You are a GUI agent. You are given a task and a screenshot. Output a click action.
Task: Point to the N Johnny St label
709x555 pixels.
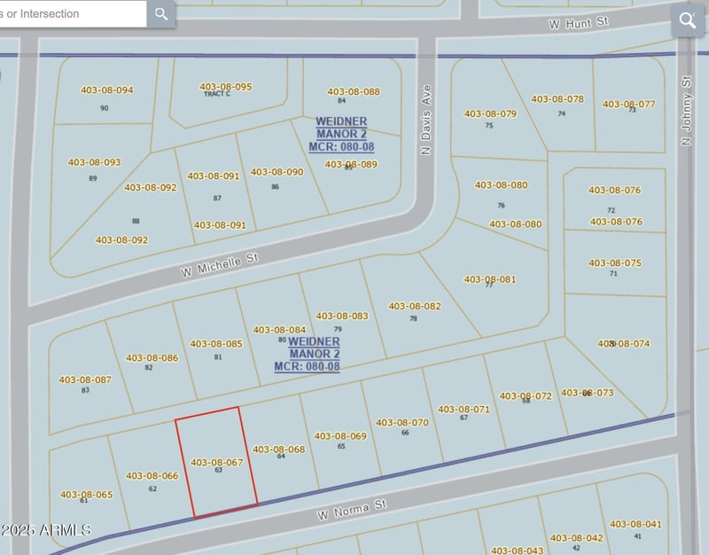click(x=685, y=115)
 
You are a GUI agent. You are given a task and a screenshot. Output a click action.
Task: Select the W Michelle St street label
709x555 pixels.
click(x=221, y=265)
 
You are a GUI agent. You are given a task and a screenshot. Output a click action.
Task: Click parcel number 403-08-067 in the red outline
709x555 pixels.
click(x=217, y=463)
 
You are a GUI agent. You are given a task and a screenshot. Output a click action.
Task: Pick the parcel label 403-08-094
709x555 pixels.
click(x=106, y=90)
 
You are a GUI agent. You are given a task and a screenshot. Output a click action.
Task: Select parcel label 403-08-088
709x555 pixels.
click(x=353, y=92)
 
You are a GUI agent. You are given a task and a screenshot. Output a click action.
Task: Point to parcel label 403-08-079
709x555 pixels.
click(x=490, y=114)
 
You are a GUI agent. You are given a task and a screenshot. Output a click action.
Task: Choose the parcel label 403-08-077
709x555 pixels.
click(x=629, y=105)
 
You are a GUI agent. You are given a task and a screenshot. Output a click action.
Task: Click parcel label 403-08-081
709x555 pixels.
click(x=490, y=279)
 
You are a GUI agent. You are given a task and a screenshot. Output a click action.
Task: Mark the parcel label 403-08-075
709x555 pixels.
click(x=615, y=263)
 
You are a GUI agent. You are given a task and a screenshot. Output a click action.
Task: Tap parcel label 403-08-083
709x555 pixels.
click(x=341, y=317)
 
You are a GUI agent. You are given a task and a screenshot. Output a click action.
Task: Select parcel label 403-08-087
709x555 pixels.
click(x=85, y=380)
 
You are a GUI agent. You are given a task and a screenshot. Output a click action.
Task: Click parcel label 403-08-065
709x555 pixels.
click(x=86, y=495)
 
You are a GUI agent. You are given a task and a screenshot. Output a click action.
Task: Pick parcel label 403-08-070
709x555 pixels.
click(x=402, y=423)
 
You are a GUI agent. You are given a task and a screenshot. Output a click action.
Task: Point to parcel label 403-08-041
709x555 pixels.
click(x=635, y=525)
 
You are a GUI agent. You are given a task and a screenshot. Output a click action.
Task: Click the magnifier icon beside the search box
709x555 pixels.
click(x=160, y=14)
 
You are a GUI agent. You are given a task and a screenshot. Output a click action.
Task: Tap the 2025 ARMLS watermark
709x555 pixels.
click(x=46, y=530)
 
